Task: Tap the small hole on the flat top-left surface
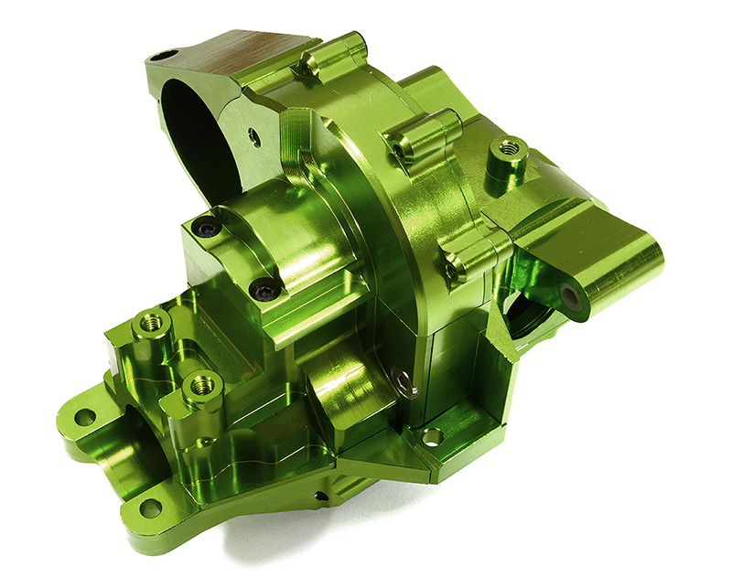pyautogui.click(x=165, y=56)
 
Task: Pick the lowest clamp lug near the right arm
pyautogui.click(x=472, y=252)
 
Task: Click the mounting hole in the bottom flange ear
pyautogui.click(x=150, y=508)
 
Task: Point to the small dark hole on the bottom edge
pyautogui.click(x=319, y=497)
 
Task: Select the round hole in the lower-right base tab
pyautogui.click(x=432, y=436)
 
